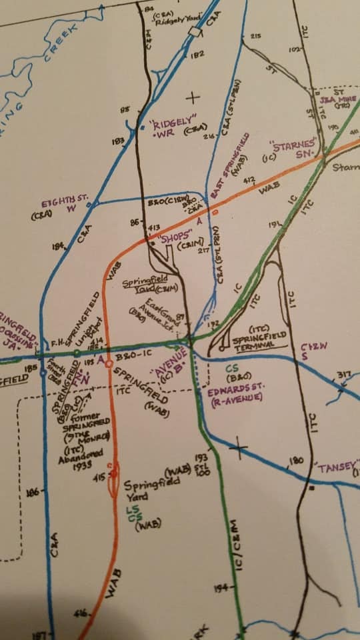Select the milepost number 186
tap(31, 493)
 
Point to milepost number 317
tap(343, 375)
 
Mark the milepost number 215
tap(255, 36)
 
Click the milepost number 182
tap(197, 55)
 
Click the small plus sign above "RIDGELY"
tap(193, 98)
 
